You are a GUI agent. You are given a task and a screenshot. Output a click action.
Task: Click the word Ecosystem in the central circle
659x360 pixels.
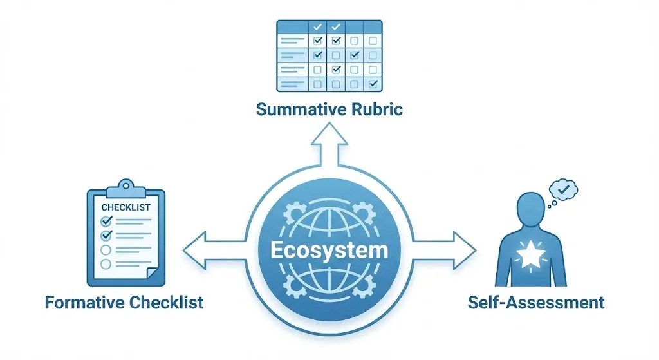pos(329,250)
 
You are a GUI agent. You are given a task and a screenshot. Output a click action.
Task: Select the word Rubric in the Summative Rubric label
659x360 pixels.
pos(375,109)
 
